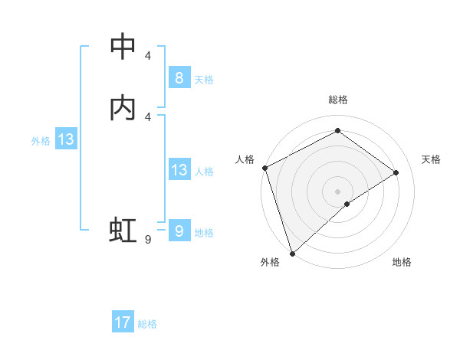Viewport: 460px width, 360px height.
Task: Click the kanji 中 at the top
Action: [x=123, y=47]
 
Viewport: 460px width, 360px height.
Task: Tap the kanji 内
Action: [x=123, y=108]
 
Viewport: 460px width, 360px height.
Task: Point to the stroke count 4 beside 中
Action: [x=147, y=55]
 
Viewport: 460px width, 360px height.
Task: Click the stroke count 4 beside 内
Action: [x=147, y=116]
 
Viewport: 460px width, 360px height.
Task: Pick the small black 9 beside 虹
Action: [x=147, y=240]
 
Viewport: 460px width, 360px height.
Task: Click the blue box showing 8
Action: [x=179, y=78]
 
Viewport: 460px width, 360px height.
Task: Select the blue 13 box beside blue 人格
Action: [x=179, y=170]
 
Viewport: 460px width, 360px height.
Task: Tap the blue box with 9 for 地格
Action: [x=179, y=231]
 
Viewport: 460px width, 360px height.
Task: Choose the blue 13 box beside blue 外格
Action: [x=66, y=139]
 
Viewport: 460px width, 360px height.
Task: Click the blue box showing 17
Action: [x=123, y=322]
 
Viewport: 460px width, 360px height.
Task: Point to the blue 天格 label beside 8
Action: [x=204, y=80]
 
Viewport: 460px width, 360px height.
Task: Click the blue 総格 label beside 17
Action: [x=147, y=324]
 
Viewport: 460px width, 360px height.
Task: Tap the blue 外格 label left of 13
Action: [x=41, y=141]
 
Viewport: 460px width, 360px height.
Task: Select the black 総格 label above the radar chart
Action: [x=338, y=100]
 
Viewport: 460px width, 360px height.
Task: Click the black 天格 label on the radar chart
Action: [x=432, y=159]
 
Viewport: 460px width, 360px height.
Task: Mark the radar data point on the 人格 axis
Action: [x=264, y=168]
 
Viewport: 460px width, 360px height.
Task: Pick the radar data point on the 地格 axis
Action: [x=347, y=204]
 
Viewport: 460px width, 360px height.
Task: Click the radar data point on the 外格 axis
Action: [x=292, y=253]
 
